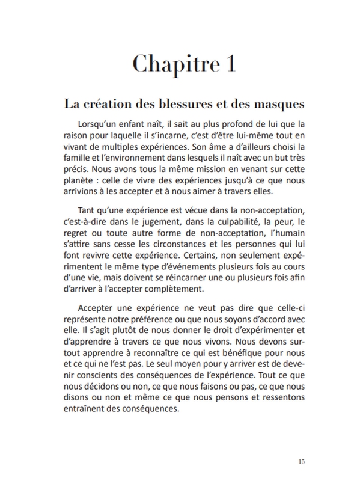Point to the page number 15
click(x=301, y=461)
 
